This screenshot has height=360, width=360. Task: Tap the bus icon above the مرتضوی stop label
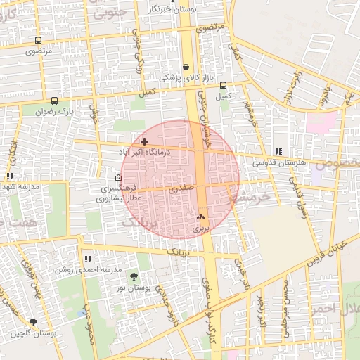click(x=37, y=41)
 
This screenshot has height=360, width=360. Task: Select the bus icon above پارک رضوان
click(x=54, y=101)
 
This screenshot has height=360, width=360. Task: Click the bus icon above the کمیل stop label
click(x=223, y=85)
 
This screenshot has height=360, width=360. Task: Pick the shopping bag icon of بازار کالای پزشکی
click(x=186, y=67)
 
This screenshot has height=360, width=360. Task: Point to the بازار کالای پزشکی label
click(x=184, y=78)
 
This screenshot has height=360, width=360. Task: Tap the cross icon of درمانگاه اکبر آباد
click(x=144, y=141)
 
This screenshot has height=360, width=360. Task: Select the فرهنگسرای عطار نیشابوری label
click(x=121, y=194)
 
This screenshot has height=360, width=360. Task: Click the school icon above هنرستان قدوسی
click(x=278, y=151)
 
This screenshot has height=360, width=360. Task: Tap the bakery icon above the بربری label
click(x=201, y=218)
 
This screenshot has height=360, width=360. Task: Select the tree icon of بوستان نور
click(x=134, y=277)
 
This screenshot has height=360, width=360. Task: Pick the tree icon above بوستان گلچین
click(x=33, y=322)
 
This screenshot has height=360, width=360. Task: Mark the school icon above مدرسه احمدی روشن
click(x=87, y=259)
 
